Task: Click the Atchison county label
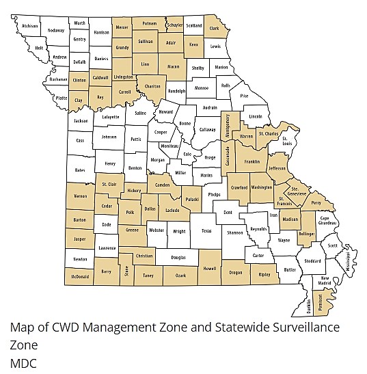(30, 26)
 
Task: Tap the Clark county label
(214, 29)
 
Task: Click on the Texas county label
(206, 231)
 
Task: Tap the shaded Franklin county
(252, 162)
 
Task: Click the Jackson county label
(81, 121)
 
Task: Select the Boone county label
(185, 124)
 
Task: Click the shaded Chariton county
(153, 87)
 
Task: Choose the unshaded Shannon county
(235, 232)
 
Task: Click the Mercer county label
(122, 28)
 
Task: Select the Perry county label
(315, 204)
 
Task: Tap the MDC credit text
(23, 362)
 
